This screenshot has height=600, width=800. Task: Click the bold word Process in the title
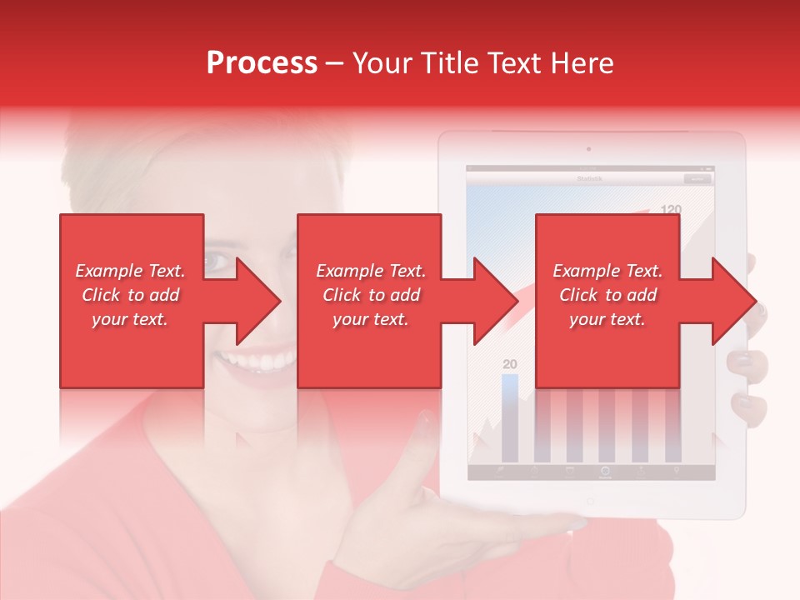pyautogui.click(x=262, y=63)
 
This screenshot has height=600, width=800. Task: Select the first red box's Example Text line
pyautogui.click(x=131, y=271)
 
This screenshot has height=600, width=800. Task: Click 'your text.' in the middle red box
pyautogui.click(x=370, y=319)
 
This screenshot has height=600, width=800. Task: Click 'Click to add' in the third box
pyautogui.click(x=607, y=295)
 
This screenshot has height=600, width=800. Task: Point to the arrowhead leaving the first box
pyautogui.click(x=258, y=301)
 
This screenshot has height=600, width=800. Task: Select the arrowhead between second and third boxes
pyautogui.click(x=497, y=301)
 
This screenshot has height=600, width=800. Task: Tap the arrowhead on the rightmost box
pyautogui.click(x=733, y=301)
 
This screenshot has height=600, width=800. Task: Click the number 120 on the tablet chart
pyautogui.click(x=671, y=209)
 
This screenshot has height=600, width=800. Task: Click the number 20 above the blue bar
pyautogui.click(x=510, y=364)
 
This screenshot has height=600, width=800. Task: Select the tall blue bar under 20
pyautogui.click(x=510, y=417)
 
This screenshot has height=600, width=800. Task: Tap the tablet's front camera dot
pyautogui.click(x=589, y=150)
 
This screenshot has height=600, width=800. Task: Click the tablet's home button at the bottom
pyautogui.click(x=590, y=502)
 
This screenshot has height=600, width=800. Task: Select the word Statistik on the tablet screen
pyautogui.click(x=589, y=178)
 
